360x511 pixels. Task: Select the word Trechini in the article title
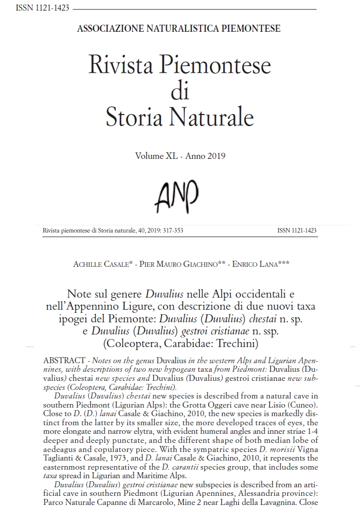[x=237, y=345]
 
